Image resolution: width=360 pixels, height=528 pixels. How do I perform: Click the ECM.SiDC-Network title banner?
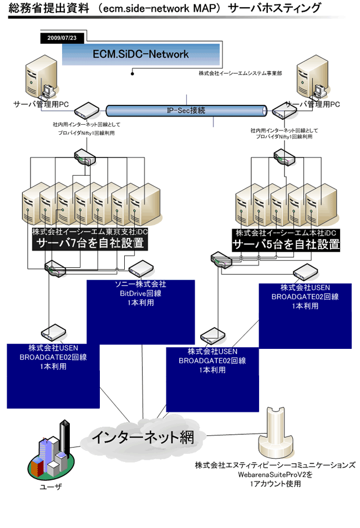click(140, 54)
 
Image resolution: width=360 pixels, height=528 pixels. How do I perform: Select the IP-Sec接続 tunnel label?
click(186, 110)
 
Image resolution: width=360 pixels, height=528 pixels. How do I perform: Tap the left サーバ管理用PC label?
click(41, 104)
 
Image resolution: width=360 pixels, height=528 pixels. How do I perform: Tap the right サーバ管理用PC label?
click(312, 104)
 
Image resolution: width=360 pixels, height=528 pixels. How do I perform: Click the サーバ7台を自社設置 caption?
click(89, 243)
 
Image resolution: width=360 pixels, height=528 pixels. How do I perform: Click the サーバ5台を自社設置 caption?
click(286, 244)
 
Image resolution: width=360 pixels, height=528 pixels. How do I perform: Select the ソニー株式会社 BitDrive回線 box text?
click(140, 293)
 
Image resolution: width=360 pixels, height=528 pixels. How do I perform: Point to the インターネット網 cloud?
click(142, 437)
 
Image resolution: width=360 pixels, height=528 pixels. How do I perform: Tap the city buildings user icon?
click(51, 451)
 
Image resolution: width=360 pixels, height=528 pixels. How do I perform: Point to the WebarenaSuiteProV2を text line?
click(275, 475)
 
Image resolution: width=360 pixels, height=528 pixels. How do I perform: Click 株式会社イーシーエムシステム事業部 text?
click(241, 73)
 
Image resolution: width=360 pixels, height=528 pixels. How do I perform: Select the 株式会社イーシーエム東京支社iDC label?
click(90, 231)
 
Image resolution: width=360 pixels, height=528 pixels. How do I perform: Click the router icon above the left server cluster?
click(85, 156)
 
